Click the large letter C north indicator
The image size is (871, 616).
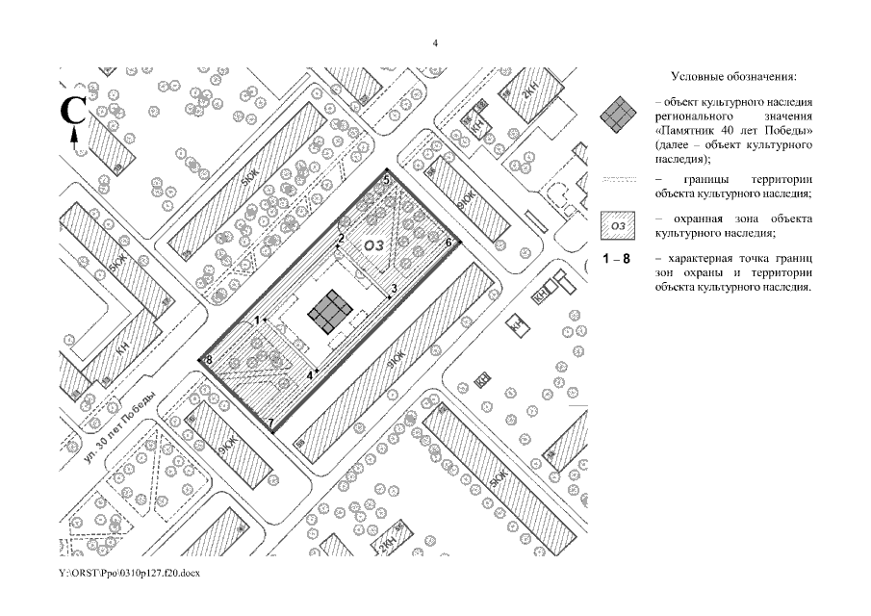[74, 111]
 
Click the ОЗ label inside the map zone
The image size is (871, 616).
[373, 246]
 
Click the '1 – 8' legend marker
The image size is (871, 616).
[616, 260]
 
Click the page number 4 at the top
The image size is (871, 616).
[435, 43]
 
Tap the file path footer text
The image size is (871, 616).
[128, 573]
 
